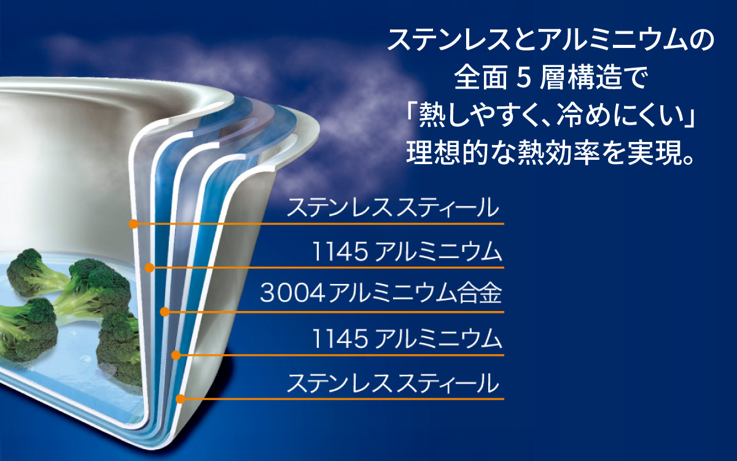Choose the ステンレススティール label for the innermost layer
click(393, 208)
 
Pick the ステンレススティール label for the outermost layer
click(393, 384)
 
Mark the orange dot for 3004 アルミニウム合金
click(164, 312)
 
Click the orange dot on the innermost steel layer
click(133, 224)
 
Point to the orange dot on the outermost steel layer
click(180, 399)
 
